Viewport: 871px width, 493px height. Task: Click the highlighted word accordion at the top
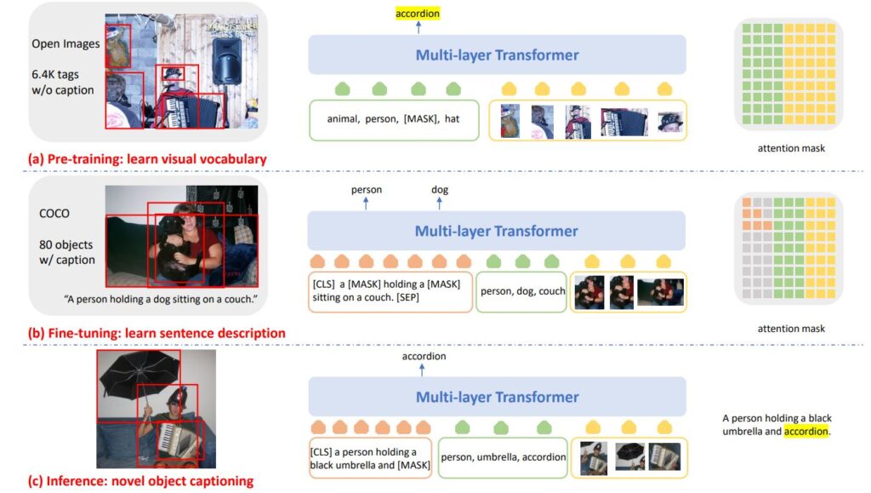(x=418, y=14)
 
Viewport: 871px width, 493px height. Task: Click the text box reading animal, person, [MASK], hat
(x=393, y=119)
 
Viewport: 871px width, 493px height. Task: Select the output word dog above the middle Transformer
(x=440, y=190)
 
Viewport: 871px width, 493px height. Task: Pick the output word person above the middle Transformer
(x=366, y=190)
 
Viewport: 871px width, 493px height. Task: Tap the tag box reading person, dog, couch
(x=522, y=290)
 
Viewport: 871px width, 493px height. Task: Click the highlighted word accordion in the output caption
(x=805, y=432)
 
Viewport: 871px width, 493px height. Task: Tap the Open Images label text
(x=65, y=43)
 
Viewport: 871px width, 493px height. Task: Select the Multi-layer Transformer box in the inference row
(x=497, y=397)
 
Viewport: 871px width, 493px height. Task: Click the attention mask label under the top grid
(x=790, y=148)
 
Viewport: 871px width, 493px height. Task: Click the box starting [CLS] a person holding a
(x=371, y=457)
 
